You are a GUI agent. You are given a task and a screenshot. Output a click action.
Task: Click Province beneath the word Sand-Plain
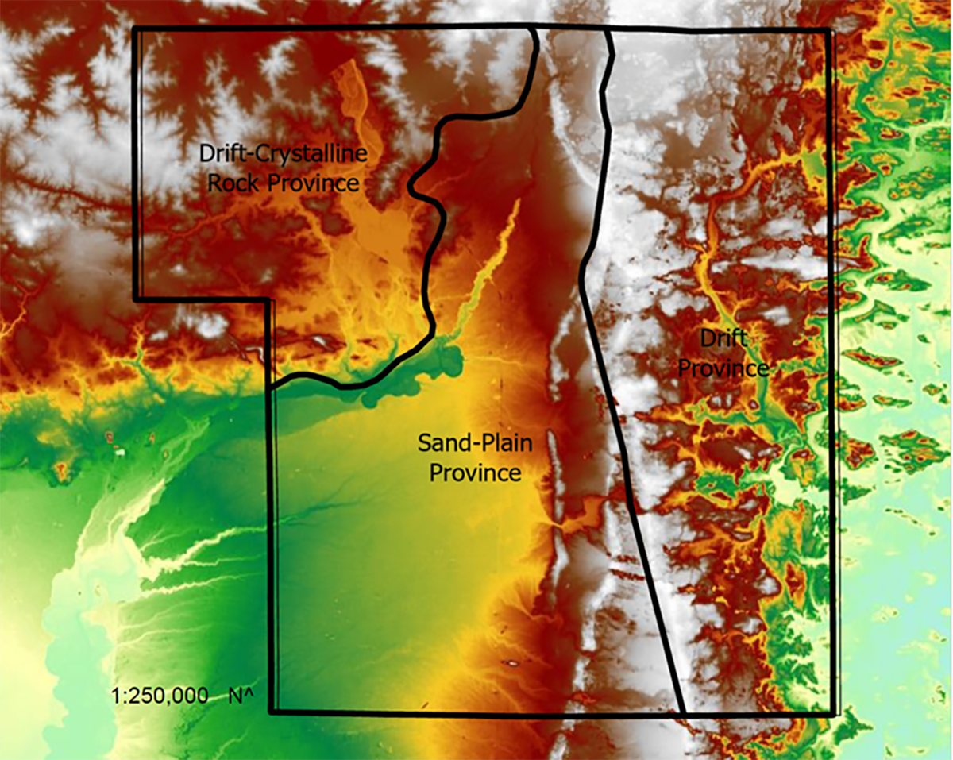[x=475, y=473]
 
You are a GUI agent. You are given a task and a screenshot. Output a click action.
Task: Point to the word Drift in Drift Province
[x=723, y=339]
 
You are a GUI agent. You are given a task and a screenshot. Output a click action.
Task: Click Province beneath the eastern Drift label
[x=735, y=368]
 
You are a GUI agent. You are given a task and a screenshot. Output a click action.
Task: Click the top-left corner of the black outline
[x=135, y=29]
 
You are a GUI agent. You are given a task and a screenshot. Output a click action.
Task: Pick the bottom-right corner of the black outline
[x=834, y=714]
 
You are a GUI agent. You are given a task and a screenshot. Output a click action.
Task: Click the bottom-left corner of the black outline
[x=272, y=712]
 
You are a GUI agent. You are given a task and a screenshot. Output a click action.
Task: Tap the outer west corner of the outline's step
[x=137, y=299]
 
